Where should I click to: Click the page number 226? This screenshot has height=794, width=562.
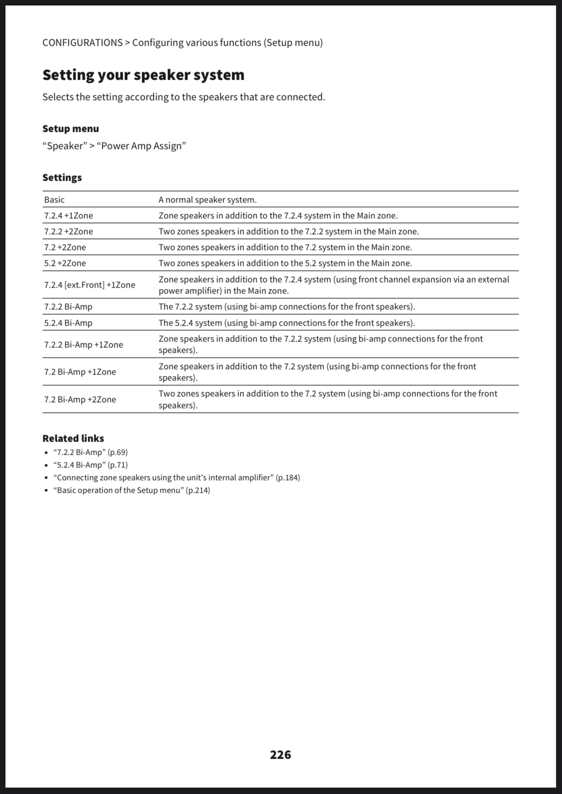281,755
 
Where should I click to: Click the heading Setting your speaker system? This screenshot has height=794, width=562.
143,75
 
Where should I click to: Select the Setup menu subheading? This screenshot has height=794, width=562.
71,129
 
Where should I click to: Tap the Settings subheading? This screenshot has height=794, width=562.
62,178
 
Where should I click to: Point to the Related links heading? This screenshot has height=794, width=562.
73,438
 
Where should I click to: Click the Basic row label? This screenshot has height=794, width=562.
54,200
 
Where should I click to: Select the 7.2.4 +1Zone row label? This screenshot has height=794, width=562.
68,216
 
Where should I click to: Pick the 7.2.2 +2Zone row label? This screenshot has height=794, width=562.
68,231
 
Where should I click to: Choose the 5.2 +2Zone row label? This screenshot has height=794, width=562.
65,263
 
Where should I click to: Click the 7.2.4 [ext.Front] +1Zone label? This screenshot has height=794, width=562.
90,285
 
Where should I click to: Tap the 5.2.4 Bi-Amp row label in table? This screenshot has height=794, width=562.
68,323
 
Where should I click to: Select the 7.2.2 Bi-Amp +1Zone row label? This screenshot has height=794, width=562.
83,345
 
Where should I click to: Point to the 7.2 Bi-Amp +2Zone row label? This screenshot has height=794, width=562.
80,399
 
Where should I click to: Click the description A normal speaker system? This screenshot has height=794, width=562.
207,200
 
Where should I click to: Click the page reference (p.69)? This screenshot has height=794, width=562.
118,452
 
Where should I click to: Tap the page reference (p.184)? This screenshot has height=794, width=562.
288,477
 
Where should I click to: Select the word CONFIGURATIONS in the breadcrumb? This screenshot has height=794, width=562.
82,43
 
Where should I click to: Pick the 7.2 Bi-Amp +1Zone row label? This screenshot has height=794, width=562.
80,372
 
